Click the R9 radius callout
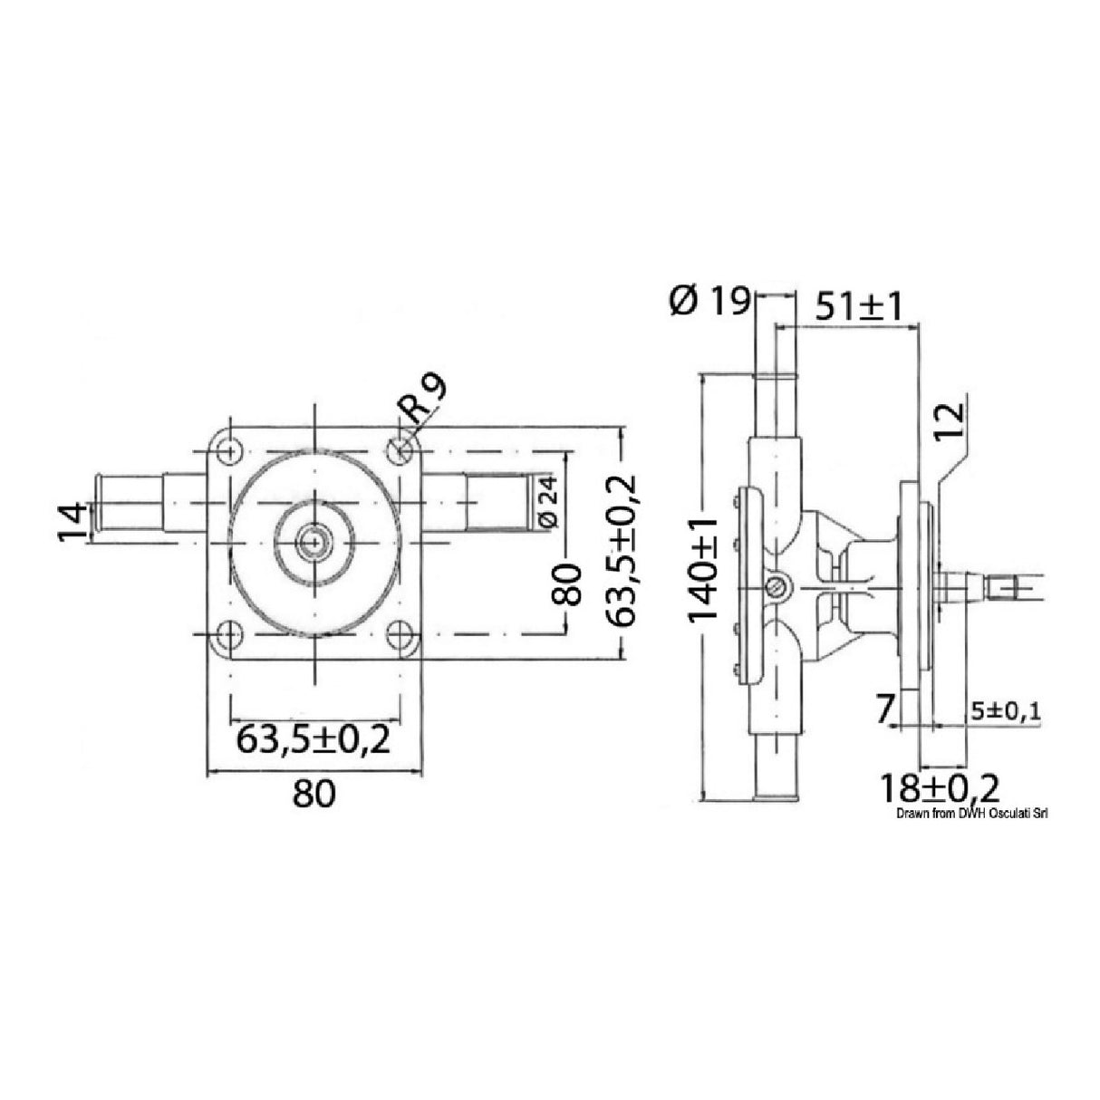click(x=424, y=402)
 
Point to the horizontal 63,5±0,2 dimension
click(x=313, y=739)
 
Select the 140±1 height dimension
click(x=704, y=568)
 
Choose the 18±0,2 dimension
click(x=938, y=788)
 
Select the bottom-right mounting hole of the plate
click(x=399, y=634)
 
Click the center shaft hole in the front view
click(x=314, y=542)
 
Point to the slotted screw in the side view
click(x=777, y=588)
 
